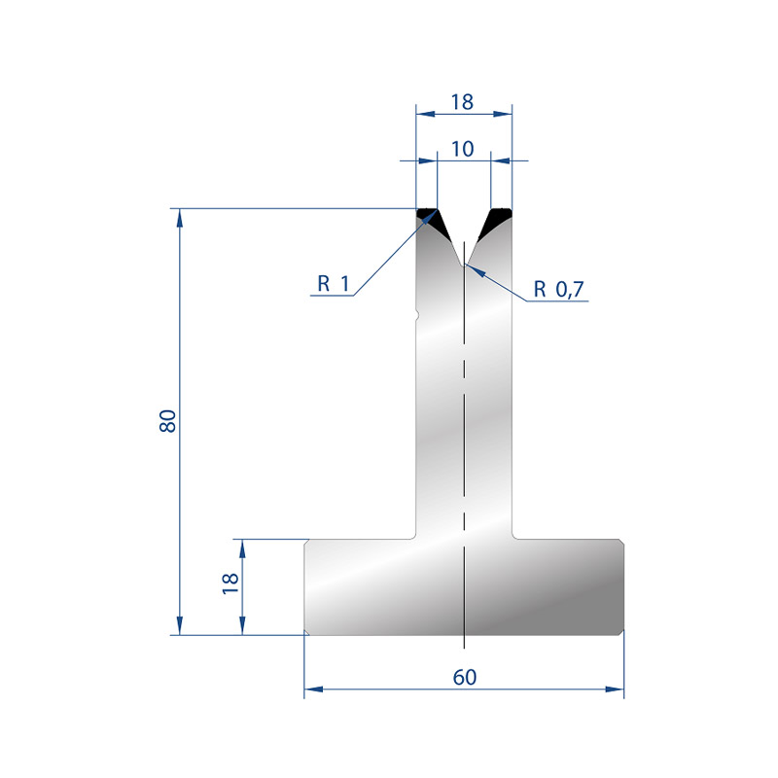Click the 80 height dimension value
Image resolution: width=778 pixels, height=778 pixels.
pyautogui.click(x=168, y=421)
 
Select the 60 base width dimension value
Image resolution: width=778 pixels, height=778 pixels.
pyautogui.click(x=465, y=677)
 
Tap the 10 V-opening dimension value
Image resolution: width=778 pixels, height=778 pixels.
pyautogui.click(x=463, y=149)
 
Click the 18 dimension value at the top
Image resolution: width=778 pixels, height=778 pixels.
pyautogui.click(x=462, y=102)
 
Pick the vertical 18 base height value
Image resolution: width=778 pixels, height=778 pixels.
pyautogui.click(x=230, y=583)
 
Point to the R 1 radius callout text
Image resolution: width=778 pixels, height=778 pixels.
pyautogui.click(x=334, y=284)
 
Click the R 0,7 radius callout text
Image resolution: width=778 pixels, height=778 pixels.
pyautogui.click(x=558, y=289)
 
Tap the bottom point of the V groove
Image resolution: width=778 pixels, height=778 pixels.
pyautogui.click(x=464, y=265)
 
